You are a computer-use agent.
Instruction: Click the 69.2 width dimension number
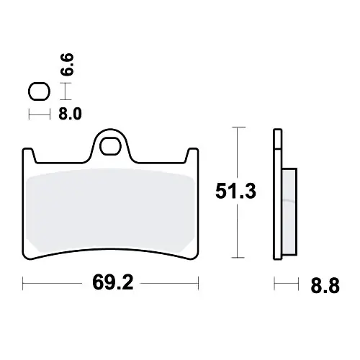[113, 283]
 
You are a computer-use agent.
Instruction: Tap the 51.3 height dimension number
[235, 191]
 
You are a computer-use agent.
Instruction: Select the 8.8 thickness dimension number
[325, 286]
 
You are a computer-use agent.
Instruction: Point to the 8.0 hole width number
[70, 114]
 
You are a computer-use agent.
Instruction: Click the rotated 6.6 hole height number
[67, 65]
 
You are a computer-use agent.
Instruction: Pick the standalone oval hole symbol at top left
[39, 91]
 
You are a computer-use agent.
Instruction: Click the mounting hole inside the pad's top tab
[110, 146]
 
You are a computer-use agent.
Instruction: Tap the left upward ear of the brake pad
[28, 156]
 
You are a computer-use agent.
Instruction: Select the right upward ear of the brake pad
[192, 156]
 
